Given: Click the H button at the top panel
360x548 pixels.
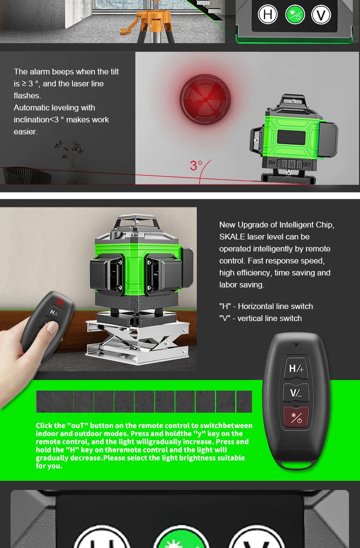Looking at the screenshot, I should (x=268, y=14).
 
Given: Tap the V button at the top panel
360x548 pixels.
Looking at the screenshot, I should (x=321, y=14).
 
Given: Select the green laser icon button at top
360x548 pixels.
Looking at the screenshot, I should (x=295, y=14).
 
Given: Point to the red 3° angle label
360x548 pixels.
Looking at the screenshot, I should (x=196, y=166).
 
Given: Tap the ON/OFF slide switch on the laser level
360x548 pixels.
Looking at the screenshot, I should (x=290, y=163).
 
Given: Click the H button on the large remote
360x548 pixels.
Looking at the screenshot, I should (x=296, y=369).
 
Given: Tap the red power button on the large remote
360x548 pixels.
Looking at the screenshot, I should (x=296, y=417).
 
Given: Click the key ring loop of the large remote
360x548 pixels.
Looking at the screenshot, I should (x=296, y=465).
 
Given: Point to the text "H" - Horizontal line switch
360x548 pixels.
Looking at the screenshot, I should (x=266, y=306).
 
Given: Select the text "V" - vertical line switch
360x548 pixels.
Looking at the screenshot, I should (x=260, y=318).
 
